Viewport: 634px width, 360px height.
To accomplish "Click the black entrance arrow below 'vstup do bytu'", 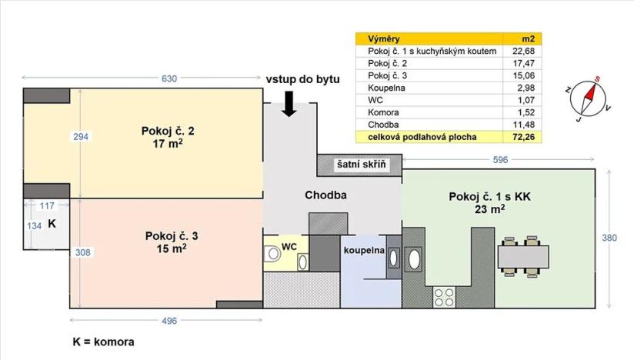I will tap(289, 102).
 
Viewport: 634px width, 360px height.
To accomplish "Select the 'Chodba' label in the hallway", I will tap(326, 195).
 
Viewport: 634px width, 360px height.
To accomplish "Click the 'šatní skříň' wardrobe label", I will tap(360, 165).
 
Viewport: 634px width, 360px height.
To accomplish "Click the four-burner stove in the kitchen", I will tap(444, 294).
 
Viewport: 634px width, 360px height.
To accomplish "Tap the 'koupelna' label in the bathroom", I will tap(362, 250).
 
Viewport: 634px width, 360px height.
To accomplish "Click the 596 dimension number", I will tap(501, 161).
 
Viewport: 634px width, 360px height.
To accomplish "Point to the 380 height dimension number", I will tap(609, 238).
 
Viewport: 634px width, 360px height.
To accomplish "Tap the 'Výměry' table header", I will tap(384, 38).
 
